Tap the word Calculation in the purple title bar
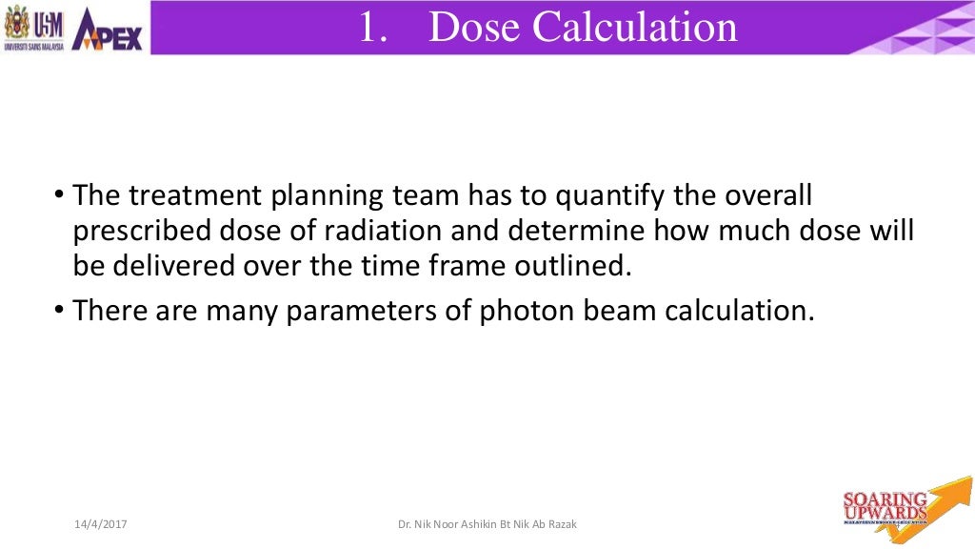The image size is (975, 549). [x=634, y=27]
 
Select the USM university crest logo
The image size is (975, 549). [x=33, y=28]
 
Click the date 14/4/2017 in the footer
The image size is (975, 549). [x=102, y=525]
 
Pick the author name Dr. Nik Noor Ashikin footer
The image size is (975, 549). [x=487, y=525]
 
